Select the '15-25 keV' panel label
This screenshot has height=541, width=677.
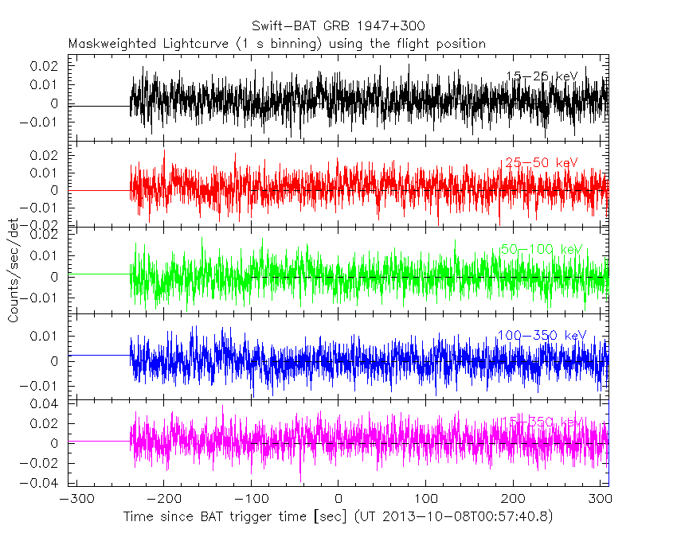pos(541,76)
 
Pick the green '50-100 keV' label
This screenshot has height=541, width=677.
pos(541,250)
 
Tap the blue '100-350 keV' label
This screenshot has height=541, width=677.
pos(541,336)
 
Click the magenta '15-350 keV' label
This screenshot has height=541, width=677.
pos(541,421)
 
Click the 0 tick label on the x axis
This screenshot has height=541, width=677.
pos(338,500)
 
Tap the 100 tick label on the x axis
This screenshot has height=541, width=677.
pos(426,500)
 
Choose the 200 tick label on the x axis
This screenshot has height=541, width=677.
pos(514,500)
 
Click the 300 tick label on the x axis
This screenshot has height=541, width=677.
pos(599,500)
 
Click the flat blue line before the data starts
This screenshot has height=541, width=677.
pos(100,355)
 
